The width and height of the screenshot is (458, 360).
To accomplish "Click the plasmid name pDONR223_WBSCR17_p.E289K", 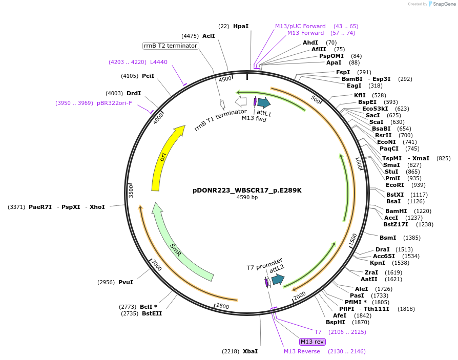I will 247,190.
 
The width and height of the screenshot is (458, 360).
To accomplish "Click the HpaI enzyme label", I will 240,26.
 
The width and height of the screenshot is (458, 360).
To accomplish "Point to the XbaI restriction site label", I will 250,351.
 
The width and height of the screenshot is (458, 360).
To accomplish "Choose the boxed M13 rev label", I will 312,342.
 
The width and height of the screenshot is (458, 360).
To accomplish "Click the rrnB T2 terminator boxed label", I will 171,46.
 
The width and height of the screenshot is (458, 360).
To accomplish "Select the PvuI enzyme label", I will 126,282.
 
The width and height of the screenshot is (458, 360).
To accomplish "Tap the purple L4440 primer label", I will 158,62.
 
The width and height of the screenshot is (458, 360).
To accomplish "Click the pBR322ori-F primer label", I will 114,103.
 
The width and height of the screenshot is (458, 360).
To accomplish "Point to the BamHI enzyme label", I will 396,211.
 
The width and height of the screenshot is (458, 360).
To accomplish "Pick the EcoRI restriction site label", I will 394,185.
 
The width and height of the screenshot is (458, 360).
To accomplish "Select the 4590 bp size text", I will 247,197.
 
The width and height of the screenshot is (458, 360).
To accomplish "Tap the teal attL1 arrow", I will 264,102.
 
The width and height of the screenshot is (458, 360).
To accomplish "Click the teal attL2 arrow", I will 278,279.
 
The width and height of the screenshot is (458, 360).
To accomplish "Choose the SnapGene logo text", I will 444,4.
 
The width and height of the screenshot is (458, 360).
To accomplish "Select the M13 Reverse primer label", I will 302,351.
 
